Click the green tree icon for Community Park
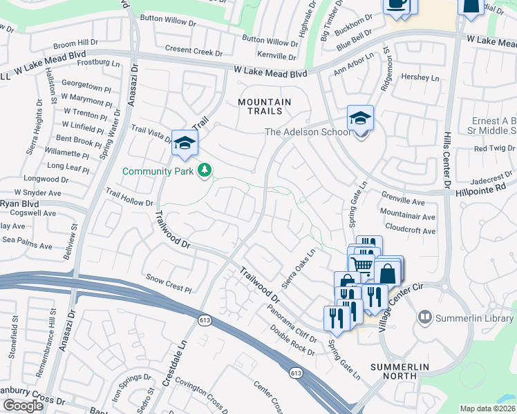coord(204,170)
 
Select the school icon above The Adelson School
coord(360,119)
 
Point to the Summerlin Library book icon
coord(425,317)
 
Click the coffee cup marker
coord(397,4)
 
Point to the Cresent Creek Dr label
coord(194,52)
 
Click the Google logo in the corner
coord(22,405)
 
